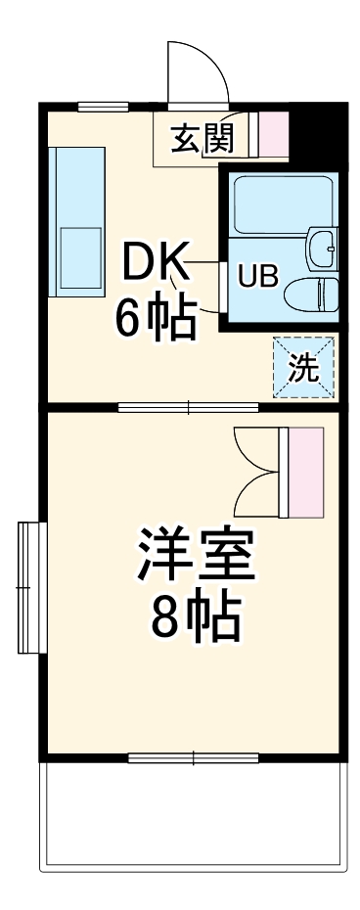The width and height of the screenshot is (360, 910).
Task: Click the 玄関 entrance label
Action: click(x=202, y=139)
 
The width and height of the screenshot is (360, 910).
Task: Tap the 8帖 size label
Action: click(x=195, y=615)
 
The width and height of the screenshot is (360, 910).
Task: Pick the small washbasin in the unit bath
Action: click(x=322, y=249)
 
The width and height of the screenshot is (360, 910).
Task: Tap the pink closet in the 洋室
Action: click(x=305, y=473)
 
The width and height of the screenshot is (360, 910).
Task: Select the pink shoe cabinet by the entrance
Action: click(x=274, y=134)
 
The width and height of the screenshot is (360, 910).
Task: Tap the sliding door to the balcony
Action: click(x=194, y=756)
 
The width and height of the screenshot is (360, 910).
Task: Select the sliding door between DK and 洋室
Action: click(x=188, y=406)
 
